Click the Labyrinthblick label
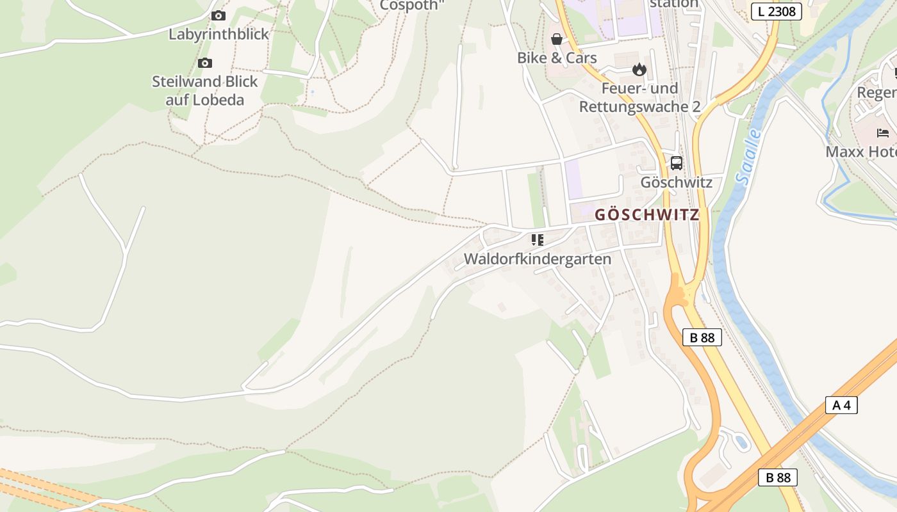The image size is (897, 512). [218, 34]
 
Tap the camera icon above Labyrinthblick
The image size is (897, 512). [218, 15]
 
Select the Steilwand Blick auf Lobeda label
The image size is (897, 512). [204, 91]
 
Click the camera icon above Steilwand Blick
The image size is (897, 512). [204, 63]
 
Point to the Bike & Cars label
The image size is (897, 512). [557, 58]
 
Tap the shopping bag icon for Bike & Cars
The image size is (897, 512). [557, 39]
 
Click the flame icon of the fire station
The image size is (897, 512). [639, 69]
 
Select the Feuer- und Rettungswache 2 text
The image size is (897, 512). [639, 97]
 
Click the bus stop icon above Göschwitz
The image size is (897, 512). [677, 163]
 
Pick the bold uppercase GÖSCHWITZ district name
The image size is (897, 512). [646, 215]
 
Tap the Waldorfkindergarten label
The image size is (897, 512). [537, 259]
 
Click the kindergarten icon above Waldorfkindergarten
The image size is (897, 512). [537, 240]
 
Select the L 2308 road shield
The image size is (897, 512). [776, 11]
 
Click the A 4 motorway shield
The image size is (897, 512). [841, 404]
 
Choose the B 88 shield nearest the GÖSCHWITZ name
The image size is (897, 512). [702, 337]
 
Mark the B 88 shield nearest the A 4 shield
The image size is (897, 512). [778, 477]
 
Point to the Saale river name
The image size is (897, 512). [748, 157]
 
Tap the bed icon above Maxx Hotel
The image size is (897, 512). [883, 133]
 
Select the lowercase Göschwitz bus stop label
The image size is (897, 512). [676, 182]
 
